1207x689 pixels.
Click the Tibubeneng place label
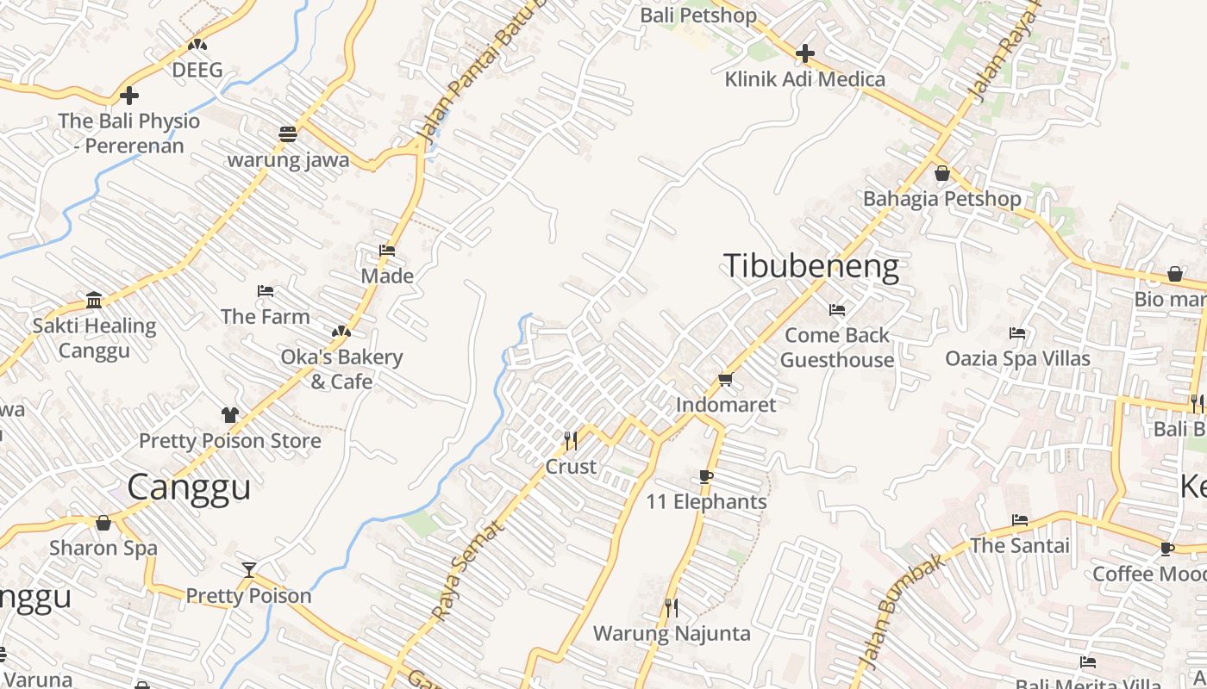(811, 267)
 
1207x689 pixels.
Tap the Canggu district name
(189, 487)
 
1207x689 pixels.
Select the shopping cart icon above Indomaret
(725, 380)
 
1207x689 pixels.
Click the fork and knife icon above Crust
(570, 441)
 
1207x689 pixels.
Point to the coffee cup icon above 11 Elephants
(706, 477)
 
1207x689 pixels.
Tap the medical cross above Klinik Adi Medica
(804, 53)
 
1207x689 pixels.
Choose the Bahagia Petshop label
(941, 199)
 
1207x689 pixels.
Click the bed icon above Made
(387, 251)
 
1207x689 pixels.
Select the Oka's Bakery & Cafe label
(341, 369)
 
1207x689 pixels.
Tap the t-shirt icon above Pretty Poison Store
(229, 415)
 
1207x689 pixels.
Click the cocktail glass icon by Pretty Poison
(248, 569)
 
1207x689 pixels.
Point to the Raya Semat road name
(466, 572)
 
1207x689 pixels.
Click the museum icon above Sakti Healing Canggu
(94, 301)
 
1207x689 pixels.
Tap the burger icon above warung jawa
(288, 134)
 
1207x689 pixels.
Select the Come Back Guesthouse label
(836, 347)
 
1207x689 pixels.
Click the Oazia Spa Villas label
(1017, 358)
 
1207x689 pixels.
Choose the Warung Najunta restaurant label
(672, 634)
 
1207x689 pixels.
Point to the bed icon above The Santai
(1019, 520)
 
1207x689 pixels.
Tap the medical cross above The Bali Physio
(129, 96)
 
